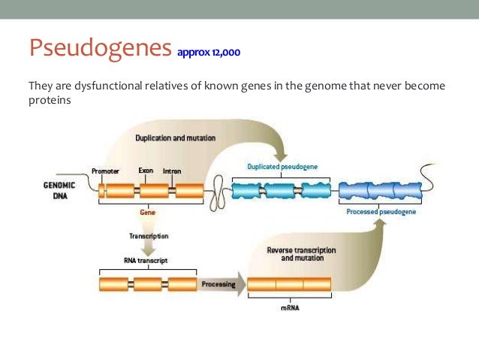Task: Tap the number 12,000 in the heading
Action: tap(225, 53)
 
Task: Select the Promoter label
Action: tap(104, 171)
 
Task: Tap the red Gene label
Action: tap(147, 213)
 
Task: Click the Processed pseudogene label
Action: tap(381, 212)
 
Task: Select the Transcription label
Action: tap(147, 235)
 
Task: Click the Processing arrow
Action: tap(219, 285)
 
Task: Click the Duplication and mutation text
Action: tap(176, 138)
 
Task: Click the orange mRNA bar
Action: tap(288, 285)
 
